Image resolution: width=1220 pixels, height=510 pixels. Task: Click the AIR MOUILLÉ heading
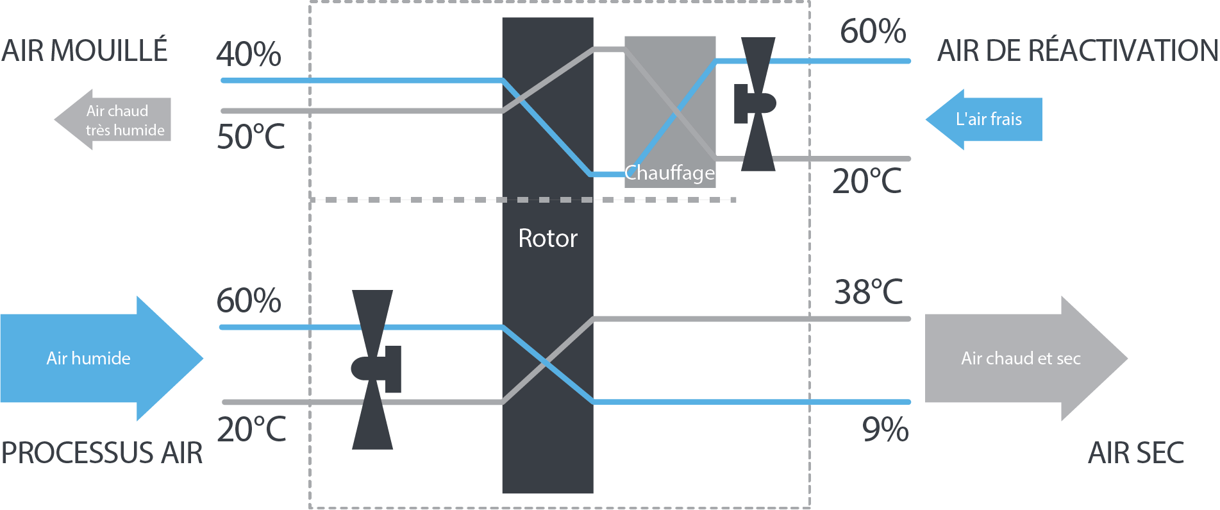[85, 51]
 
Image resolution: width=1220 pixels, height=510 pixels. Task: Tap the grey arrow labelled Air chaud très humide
[115, 120]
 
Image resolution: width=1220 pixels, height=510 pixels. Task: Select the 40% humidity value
[249, 54]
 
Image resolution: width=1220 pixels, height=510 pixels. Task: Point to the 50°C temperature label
[251, 137]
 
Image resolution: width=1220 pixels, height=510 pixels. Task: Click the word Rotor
[547, 239]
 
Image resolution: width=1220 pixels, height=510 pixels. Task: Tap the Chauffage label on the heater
[669, 173]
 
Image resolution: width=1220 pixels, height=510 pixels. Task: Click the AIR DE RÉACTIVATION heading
[1077, 51]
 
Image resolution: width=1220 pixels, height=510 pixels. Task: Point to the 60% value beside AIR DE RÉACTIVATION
[873, 31]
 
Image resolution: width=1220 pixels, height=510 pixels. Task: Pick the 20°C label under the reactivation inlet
[867, 181]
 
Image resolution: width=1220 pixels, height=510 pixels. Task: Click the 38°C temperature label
[869, 292]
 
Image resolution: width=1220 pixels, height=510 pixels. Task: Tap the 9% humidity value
[885, 429]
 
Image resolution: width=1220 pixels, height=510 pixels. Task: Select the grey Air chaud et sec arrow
[1023, 358]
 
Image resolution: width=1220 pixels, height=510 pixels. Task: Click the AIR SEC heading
[1136, 453]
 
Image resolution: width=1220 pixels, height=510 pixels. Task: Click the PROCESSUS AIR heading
[102, 453]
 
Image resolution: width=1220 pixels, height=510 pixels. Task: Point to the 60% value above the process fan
[249, 300]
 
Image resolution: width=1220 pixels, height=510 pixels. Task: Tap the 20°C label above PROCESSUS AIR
[251, 429]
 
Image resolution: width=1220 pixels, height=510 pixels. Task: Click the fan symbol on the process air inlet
[374, 370]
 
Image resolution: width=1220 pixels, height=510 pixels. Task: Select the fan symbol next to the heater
[756, 103]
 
